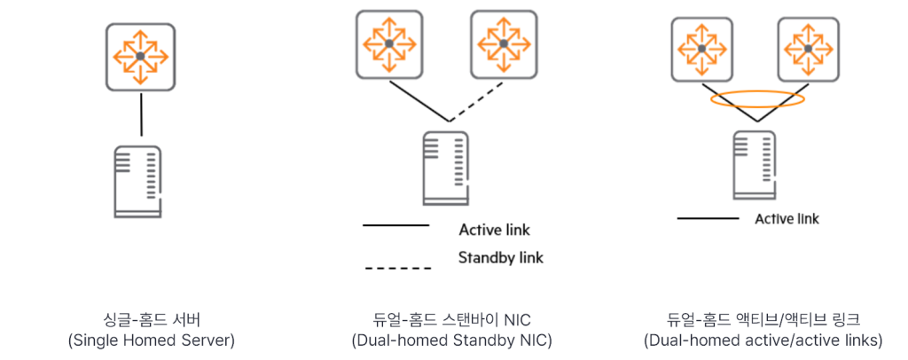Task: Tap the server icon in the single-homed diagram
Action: [138, 181]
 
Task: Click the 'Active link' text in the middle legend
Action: [494, 231]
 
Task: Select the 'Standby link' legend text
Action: [500, 258]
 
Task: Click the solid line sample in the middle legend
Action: [396, 227]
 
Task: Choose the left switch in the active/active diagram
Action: [701, 47]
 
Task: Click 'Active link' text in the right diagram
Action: [787, 219]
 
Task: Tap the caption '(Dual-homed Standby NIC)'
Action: [451, 340]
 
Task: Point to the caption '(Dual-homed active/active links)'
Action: [763, 340]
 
